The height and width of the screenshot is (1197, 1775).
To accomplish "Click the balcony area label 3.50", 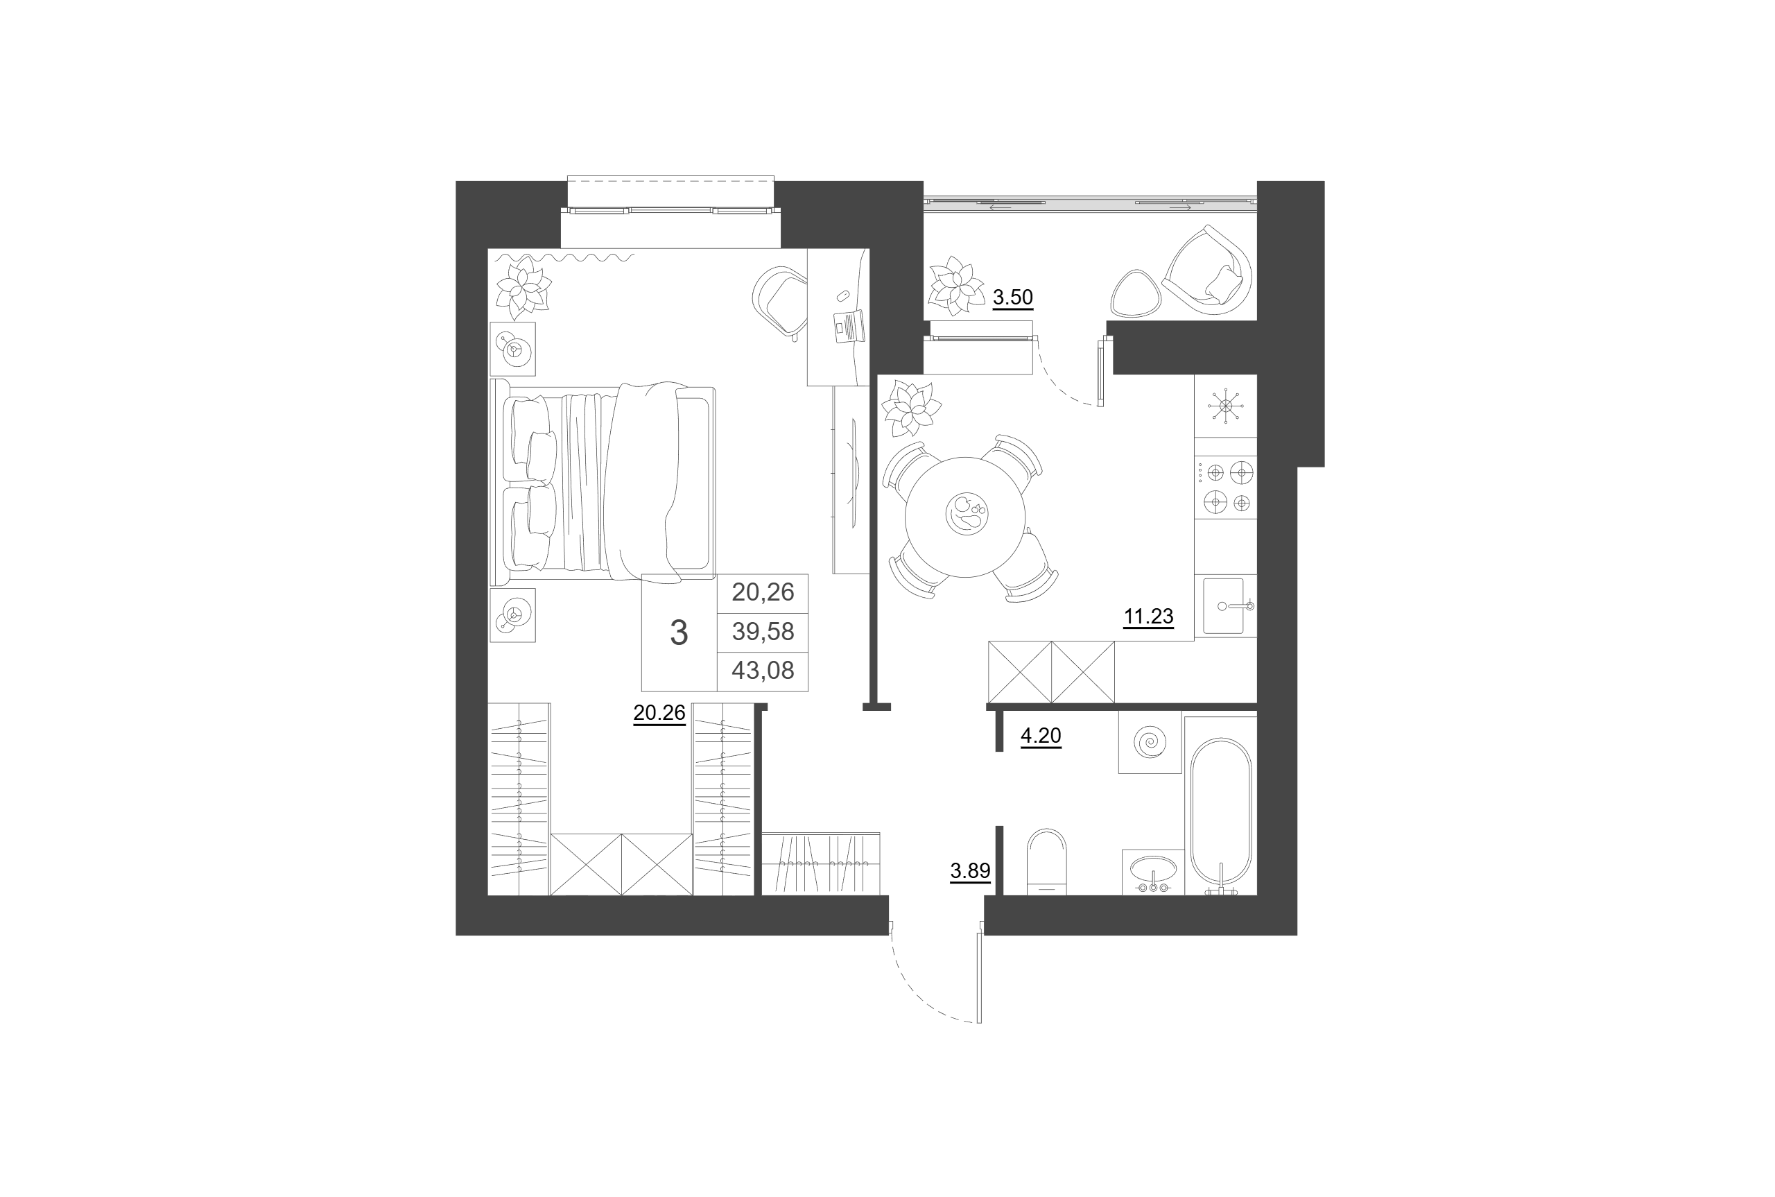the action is coord(1012,297).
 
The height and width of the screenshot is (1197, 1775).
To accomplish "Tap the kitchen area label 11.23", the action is coord(1148,616).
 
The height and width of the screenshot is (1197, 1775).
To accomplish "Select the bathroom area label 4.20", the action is coord(1041,736).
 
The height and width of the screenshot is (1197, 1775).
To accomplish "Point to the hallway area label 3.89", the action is coord(970,870).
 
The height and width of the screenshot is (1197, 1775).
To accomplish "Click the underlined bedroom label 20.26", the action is coord(659,713).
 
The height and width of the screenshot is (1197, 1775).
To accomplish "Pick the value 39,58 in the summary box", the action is coord(763,631).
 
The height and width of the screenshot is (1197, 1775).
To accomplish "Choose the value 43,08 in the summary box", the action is coord(763,670).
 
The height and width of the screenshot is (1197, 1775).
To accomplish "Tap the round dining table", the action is coord(965,517).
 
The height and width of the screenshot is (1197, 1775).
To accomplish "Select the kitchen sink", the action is coord(1226,606).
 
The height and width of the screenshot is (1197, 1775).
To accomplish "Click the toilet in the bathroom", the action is coord(1046,861).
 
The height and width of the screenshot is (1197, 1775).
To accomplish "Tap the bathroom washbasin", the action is coord(1153,872).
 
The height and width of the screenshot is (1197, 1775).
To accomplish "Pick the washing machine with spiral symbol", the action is coord(1150,742).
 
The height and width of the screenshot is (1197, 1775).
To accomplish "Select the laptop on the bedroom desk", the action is coord(849,327).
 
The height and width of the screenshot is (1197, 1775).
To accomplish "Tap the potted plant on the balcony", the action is coord(955,286).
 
